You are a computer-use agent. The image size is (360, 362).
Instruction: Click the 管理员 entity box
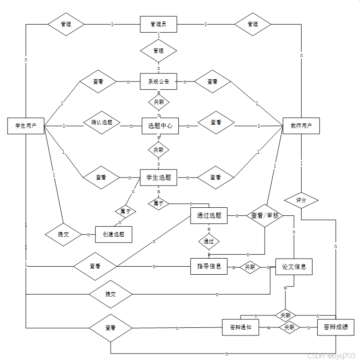158,24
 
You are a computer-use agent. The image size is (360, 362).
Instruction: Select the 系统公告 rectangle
158,81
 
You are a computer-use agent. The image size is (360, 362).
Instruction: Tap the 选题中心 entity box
160,126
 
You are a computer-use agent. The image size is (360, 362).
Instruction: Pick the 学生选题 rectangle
158,177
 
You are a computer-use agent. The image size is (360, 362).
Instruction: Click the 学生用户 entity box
26,126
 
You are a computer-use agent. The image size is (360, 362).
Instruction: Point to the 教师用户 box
301,126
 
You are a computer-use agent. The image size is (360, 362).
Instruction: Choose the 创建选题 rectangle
113,234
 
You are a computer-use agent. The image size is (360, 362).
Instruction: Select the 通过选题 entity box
209,216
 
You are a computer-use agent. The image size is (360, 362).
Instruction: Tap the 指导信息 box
209,266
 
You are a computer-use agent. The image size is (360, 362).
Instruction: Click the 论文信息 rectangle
294,267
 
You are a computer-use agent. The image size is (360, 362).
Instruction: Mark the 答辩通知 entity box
240,327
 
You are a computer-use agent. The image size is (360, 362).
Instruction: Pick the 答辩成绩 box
336,327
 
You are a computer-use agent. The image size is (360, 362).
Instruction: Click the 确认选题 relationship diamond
102,123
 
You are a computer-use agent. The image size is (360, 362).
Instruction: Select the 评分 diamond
301,200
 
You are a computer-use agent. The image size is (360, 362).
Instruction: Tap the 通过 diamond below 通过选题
209,241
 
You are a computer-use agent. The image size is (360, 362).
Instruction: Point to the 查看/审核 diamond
265,216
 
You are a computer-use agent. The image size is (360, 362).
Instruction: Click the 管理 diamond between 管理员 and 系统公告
158,51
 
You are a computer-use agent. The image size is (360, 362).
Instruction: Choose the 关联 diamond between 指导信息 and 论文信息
250,267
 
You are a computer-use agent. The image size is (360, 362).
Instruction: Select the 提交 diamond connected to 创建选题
63,234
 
